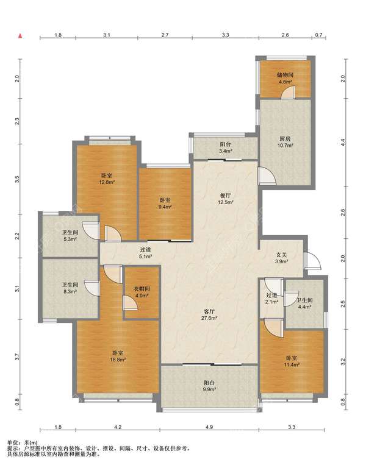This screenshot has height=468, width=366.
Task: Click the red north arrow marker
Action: (x=20, y=36)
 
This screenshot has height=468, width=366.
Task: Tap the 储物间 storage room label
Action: (x=285, y=77)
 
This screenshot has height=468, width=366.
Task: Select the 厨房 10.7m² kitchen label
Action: (x=285, y=142)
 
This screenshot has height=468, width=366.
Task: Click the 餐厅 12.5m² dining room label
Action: (x=225, y=199)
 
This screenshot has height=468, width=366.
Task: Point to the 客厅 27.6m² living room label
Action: (x=209, y=314)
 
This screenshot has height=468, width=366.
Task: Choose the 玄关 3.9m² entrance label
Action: (x=281, y=258)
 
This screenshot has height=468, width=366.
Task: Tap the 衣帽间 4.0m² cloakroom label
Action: (x=142, y=292)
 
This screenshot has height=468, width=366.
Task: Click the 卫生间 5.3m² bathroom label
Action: (x=70, y=235)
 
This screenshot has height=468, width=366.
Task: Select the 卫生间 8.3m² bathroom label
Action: (x=70, y=288)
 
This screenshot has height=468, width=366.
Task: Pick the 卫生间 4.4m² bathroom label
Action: (x=304, y=303)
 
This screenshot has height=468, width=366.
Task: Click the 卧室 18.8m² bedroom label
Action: (x=118, y=356)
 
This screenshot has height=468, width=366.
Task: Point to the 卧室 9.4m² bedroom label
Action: (x=165, y=204)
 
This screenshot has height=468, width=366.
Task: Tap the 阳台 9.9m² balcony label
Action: (x=209, y=386)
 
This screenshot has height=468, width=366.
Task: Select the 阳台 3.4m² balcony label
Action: (x=226, y=147)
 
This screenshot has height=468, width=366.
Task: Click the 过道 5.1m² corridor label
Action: (x=146, y=252)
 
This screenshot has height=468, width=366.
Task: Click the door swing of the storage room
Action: (x=288, y=93)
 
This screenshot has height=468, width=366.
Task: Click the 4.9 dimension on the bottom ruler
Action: (x=209, y=427)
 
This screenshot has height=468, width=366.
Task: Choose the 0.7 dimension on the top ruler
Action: (x=319, y=35)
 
